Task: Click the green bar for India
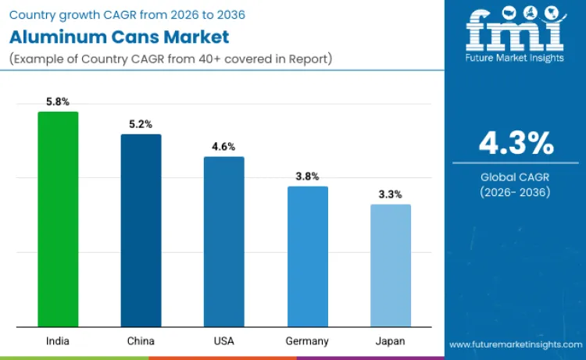(x=58, y=219)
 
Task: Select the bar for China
(x=141, y=230)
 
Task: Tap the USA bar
(x=223, y=242)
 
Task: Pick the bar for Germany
(x=307, y=257)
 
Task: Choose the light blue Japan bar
(x=390, y=266)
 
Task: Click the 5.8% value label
(x=58, y=102)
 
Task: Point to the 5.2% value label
(x=141, y=124)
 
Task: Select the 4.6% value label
(x=223, y=147)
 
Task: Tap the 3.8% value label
(x=307, y=176)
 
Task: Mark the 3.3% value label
(x=390, y=194)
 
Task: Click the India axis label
(x=58, y=341)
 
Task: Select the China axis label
(x=141, y=341)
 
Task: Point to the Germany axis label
(x=307, y=341)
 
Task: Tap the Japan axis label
(x=390, y=341)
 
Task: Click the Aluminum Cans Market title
(x=119, y=37)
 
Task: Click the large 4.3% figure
(x=516, y=144)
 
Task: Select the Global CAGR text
(x=516, y=177)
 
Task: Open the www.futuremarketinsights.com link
(x=516, y=344)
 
